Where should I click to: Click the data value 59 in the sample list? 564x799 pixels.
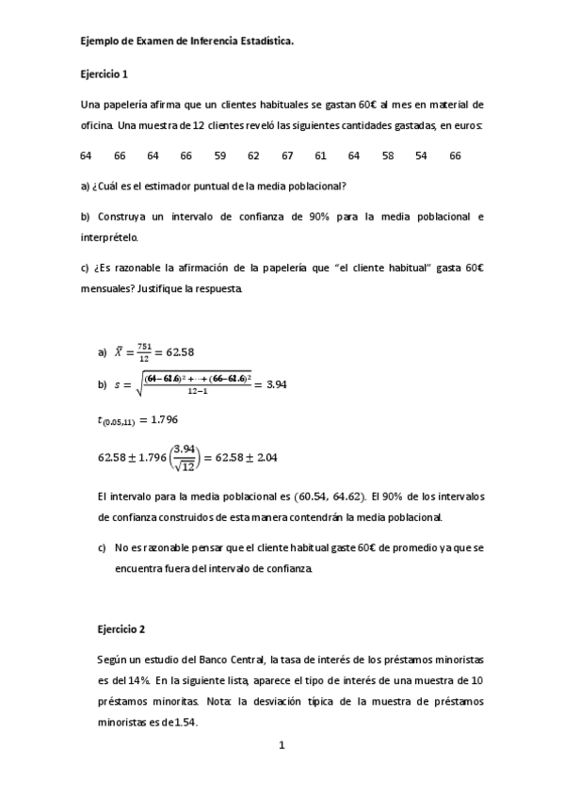pyautogui.click(x=219, y=155)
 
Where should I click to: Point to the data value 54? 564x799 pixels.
pyautogui.click(x=421, y=155)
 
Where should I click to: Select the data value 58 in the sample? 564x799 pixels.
pyautogui.click(x=388, y=155)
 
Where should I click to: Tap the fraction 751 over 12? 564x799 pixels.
pyautogui.click(x=144, y=352)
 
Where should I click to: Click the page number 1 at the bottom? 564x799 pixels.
pyautogui.click(x=282, y=746)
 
